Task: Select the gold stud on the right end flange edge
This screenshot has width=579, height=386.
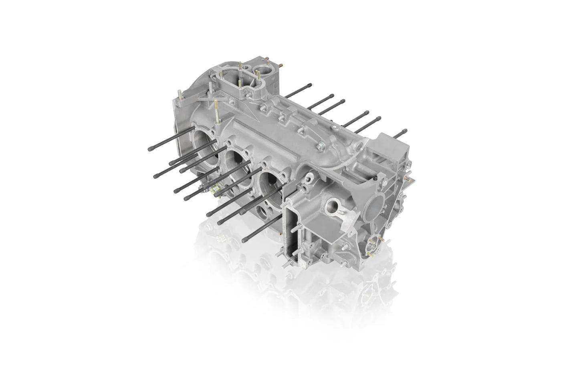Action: click(x=409, y=172)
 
